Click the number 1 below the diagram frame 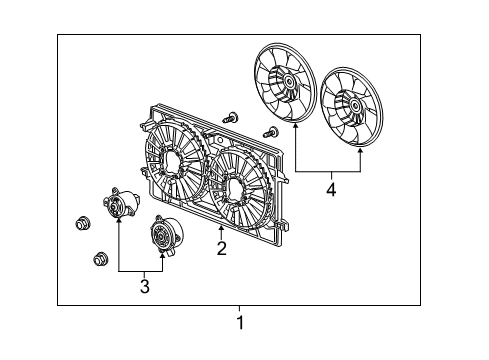click(240, 322)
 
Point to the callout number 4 click(331, 186)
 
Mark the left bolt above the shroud click(231, 117)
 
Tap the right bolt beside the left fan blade click(270, 132)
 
